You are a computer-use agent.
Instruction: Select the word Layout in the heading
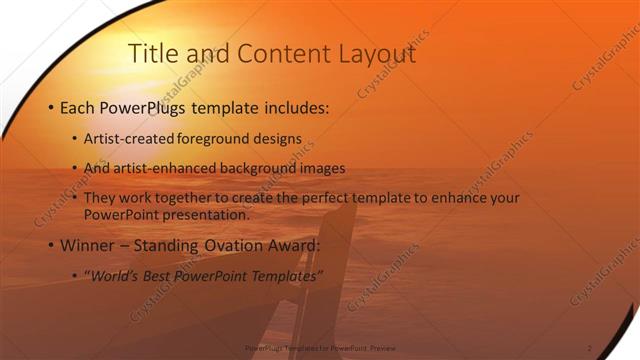coord(375,54)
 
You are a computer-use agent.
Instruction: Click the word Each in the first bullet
coord(80,107)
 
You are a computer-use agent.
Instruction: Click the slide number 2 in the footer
coord(590,348)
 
